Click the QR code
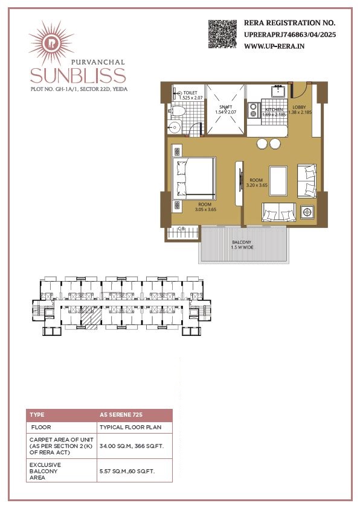(222, 34)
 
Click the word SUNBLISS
(78, 76)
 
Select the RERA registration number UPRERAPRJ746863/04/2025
(290, 35)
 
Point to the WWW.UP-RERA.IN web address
(274, 46)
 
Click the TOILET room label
(190, 93)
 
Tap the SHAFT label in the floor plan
(226, 107)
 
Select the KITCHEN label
(274, 110)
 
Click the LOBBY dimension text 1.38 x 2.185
(300, 112)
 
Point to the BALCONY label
(242, 242)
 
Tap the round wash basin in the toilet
(175, 127)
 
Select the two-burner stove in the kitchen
(253, 110)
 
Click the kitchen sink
(278, 90)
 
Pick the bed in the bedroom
(194, 179)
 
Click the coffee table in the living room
(278, 181)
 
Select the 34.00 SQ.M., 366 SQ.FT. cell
(135, 446)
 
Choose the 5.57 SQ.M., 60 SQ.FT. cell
(135, 470)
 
